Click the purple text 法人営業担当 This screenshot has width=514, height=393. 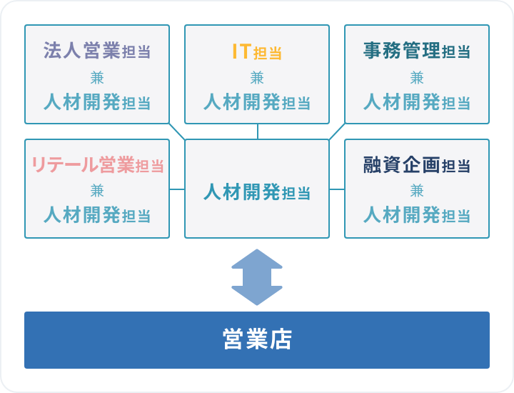pyautogui.click(x=97, y=51)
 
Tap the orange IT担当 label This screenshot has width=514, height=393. pyautogui.click(x=257, y=52)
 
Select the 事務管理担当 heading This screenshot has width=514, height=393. pyautogui.click(x=417, y=51)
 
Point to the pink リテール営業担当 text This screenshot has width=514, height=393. pyautogui.click(x=98, y=164)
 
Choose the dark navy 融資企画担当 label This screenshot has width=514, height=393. pyautogui.click(x=417, y=164)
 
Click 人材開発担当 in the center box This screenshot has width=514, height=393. pyautogui.click(x=257, y=192)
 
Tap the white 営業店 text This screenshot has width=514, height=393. pyautogui.click(x=257, y=339)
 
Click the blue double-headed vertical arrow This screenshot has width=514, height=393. pyautogui.click(x=257, y=277)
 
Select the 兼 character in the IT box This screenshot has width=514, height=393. pyautogui.click(x=257, y=78)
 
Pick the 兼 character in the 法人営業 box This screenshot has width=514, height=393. pyautogui.click(x=97, y=78)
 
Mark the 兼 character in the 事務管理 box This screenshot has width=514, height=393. pyautogui.click(x=417, y=78)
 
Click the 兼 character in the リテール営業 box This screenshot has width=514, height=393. pyautogui.click(x=97, y=191)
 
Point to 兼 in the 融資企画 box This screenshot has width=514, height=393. pyautogui.click(x=417, y=191)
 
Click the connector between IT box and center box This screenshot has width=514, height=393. pyautogui.click(x=258, y=131)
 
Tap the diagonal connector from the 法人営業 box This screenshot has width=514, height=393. pyautogui.click(x=177, y=131)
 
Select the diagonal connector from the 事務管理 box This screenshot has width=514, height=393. pyautogui.click(x=337, y=131)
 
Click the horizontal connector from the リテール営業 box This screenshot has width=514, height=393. pyautogui.click(x=177, y=189)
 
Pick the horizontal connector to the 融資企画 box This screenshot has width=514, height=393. pyautogui.click(x=337, y=189)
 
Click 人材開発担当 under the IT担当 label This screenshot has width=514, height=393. pyautogui.click(x=257, y=101)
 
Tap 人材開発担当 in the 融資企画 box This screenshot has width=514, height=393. pyautogui.click(x=417, y=215)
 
